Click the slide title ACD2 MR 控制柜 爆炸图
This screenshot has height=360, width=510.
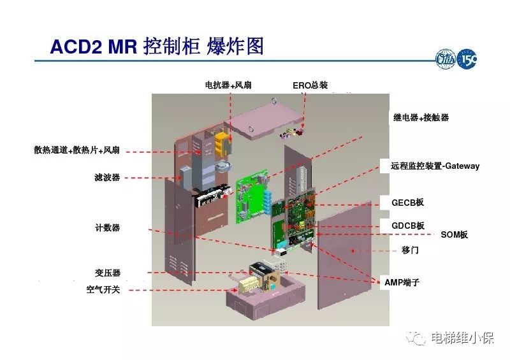[156, 46]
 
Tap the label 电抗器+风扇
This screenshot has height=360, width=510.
[228, 85]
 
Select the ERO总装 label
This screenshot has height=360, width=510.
[310, 85]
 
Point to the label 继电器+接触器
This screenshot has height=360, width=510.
[421, 117]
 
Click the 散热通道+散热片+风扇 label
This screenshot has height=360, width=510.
[77, 150]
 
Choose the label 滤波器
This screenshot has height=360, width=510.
[107, 178]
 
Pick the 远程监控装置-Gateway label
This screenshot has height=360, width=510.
[435, 166]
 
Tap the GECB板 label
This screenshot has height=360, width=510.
[407, 203]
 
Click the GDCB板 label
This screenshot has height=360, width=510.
[407, 226]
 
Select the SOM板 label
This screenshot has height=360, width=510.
[455, 234]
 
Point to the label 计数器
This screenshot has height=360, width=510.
[107, 227]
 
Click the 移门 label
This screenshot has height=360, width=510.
[411, 250]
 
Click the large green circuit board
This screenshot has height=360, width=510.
[252, 192]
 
